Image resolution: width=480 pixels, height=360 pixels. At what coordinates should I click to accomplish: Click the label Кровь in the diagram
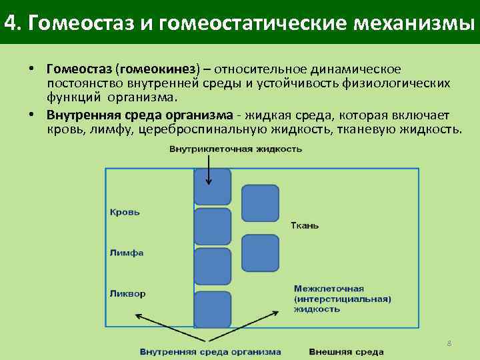pyautogui.click(x=125, y=212)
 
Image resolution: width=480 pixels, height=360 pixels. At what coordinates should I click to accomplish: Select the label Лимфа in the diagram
pyautogui.click(x=127, y=253)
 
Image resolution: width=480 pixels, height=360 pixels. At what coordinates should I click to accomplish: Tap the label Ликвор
pyautogui.click(x=128, y=293)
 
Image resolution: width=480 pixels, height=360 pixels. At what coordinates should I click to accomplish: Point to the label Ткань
pyautogui.click(x=305, y=225)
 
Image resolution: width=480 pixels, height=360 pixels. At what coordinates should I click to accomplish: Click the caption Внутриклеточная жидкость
pyautogui.click(x=235, y=149)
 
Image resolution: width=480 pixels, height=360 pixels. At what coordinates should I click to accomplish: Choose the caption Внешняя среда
pyautogui.click(x=346, y=351)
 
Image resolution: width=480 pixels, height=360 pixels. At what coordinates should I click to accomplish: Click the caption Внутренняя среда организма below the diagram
pyautogui.click(x=210, y=351)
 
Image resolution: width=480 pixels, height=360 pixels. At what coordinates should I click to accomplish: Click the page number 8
pyautogui.click(x=449, y=343)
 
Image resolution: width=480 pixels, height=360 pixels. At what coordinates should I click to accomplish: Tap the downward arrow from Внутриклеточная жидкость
pyautogui.click(x=209, y=170)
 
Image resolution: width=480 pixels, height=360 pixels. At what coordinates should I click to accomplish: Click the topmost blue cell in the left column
pyautogui.click(x=212, y=187)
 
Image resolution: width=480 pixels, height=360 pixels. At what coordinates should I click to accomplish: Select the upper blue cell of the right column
pyautogui.click(x=260, y=203)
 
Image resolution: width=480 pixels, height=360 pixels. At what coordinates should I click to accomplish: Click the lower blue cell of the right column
pyautogui.click(x=260, y=253)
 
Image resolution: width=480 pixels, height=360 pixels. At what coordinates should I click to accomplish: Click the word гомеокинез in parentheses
pyautogui.click(x=157, y=70)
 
